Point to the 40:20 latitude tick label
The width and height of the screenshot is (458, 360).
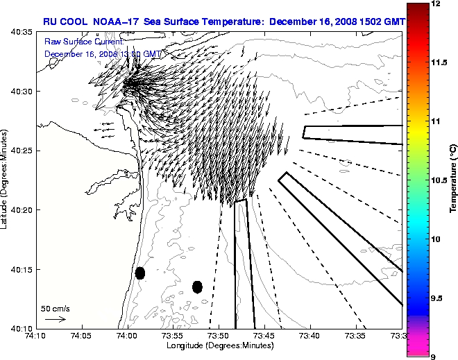click(x=19, y=209)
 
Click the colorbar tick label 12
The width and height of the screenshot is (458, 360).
click(x=437, y=4)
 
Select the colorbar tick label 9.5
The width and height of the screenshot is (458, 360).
click(x=440, y=298)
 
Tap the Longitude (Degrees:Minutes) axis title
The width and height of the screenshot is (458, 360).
click(x=219, y=345)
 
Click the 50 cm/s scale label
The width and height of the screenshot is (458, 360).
click(x=56, y=308)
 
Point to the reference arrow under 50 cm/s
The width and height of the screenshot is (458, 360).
click(x=55, y=319)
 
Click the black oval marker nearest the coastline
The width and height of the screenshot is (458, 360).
click(x=140, y=273)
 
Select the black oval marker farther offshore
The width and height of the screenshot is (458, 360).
click(x=197, y=286)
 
